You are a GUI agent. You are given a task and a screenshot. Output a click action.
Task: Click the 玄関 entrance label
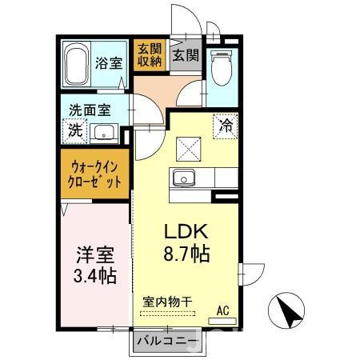(185, 56)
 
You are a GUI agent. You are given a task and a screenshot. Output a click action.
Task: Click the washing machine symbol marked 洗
(74, 131)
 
